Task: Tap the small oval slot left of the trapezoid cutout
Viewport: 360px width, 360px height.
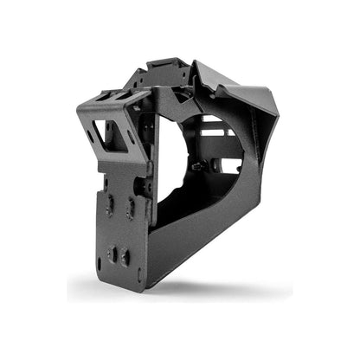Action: (x=92, y=137)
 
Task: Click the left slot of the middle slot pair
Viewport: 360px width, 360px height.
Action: (x=109, y=204)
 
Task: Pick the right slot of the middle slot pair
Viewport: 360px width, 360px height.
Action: (x=131, y=206)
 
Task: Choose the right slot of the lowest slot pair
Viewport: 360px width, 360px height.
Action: (x=126, y=256)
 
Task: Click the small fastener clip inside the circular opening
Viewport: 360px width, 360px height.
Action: (x=199, y=164)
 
